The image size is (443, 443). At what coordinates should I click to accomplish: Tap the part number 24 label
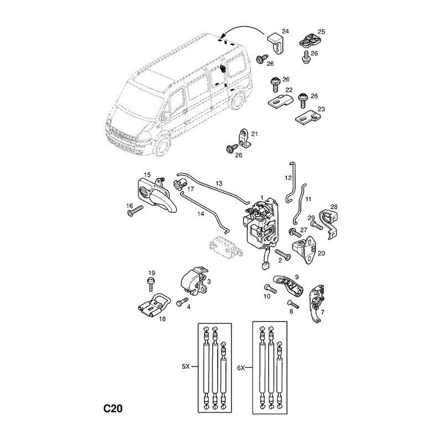[285, 30]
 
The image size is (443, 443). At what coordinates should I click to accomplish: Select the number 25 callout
[321, 31]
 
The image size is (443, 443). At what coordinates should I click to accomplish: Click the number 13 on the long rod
[219, 183]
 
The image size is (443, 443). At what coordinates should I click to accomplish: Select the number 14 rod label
[200, 213]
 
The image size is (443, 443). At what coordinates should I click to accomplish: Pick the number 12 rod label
[288, 178]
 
